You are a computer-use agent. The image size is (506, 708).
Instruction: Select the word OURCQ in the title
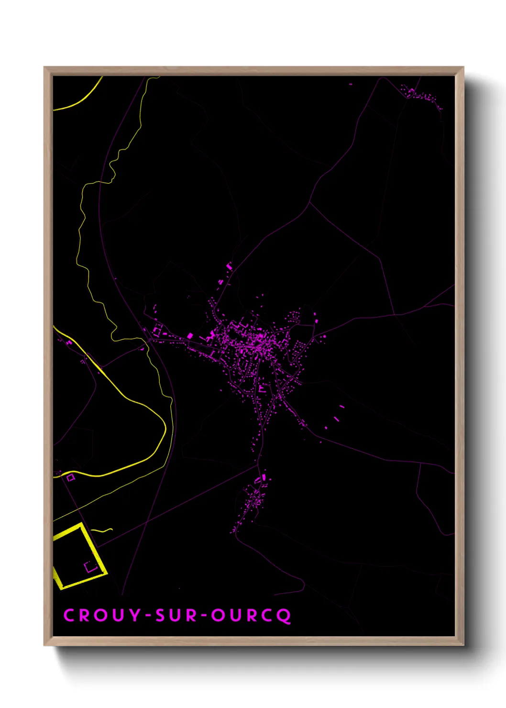tap(251, 616)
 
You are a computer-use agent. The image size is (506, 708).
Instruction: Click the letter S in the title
tap(160, 615)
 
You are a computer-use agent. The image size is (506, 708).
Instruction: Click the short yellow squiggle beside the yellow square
tap(102, 530)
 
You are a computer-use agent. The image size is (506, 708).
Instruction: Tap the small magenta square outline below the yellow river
tap(71, 477)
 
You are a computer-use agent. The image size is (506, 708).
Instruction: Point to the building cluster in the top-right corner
tap(421, 96)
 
